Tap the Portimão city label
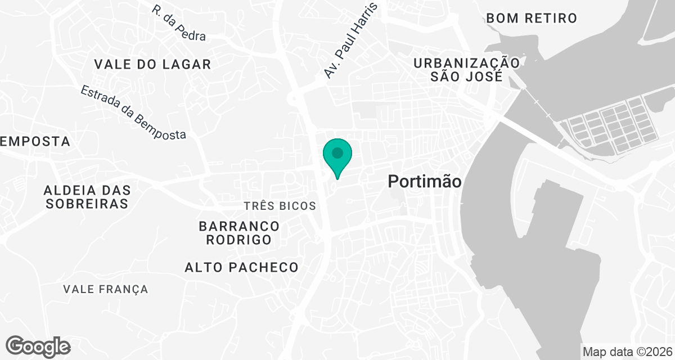click(x=425, y=182)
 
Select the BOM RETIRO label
click(x=532, y=18)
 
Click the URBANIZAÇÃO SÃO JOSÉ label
click(x=466, y=69)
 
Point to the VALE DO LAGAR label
click(x=152, y=64)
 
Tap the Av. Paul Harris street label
click(x=350, y=40)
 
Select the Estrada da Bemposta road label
click(x=133, y=112)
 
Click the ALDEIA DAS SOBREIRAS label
click(x=87, y=196)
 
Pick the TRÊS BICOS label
click(x=280, y=206)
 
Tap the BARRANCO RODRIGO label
click(x=239, y=233)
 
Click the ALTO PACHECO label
click(x=241, y=267)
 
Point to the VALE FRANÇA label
click(x=106, y=289)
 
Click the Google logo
click(x=38, y=346)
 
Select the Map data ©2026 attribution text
click(x=628, y=352)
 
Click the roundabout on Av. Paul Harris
click(x=294, y=100)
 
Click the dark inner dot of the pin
click(x=337, y=152)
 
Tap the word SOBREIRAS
click(x=87, y=203)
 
